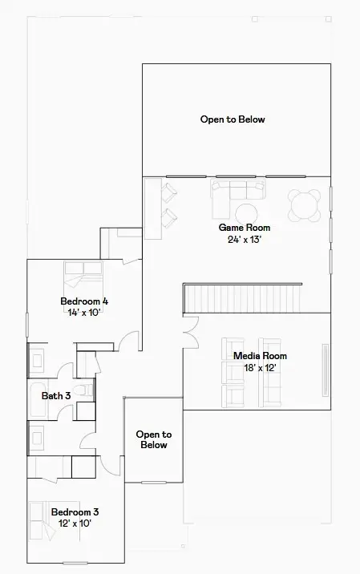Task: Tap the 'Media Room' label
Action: click(260, 356)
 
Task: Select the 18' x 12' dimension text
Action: click(260, 367)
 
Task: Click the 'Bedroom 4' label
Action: click(84, 301)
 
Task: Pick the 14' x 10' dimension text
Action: click(84, 313)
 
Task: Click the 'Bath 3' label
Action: click(57, 395)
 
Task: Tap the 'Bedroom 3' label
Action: click(75, 511)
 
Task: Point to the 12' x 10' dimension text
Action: click(75, 523)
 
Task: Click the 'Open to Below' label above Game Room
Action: click(233, 119)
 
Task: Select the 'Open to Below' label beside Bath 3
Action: click(153, 439)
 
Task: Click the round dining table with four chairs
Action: click(307, 204)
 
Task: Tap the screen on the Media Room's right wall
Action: click(326, 365)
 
